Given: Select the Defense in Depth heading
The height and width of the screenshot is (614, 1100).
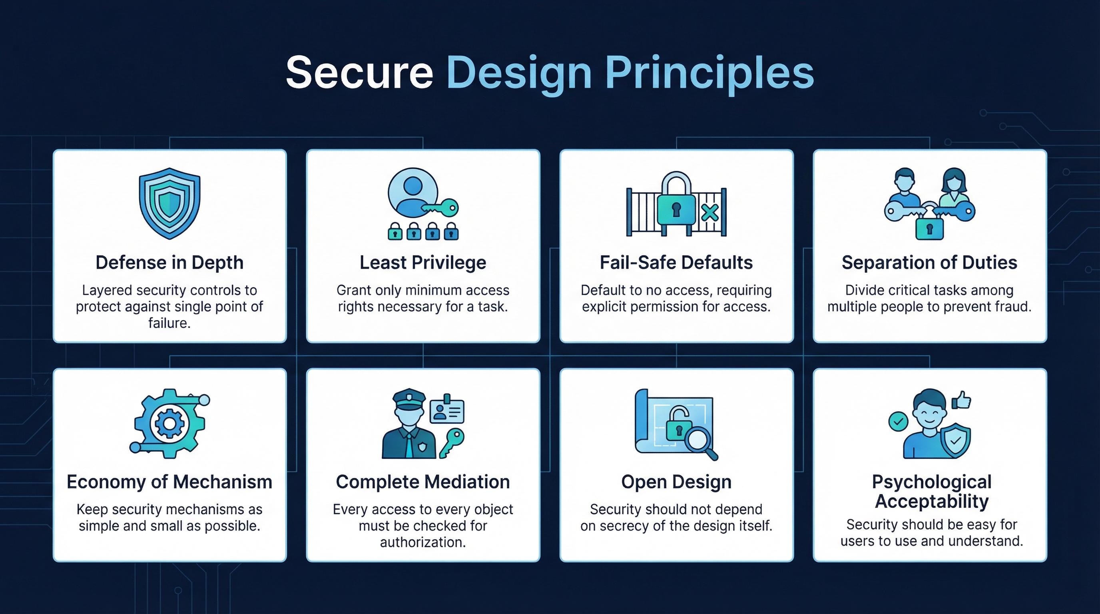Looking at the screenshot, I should click(x=169, y=262).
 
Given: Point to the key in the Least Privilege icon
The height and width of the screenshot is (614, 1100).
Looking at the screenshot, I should click(x=442, y=208).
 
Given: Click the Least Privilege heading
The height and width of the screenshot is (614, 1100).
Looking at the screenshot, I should click(x=423, y=262).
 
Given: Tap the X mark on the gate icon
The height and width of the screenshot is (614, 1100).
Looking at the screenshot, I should click(x=710, y=212).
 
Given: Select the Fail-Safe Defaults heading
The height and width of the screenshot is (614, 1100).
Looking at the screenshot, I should click(x=676, y=262).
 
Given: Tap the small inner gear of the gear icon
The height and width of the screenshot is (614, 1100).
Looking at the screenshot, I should click(x=169, y=424).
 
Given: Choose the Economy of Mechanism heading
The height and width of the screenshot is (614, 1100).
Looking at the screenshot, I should click(x=169, y=482).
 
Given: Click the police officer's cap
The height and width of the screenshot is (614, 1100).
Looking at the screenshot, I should click(x=409, y=399).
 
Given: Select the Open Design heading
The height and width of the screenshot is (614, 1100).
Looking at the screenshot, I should click(x=676, y=482).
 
